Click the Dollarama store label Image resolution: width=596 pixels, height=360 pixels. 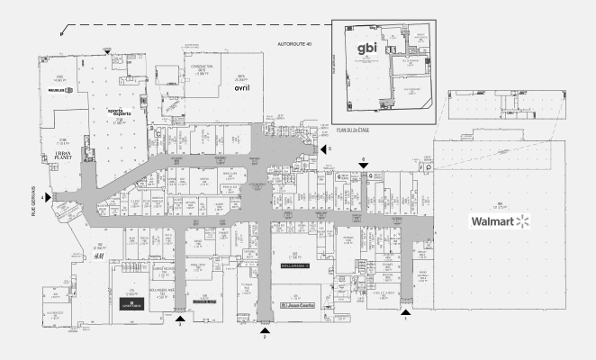pos(296,266)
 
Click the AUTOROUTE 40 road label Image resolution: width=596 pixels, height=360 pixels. pos(295,44)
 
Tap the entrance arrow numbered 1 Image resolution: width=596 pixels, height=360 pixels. pos(406,310)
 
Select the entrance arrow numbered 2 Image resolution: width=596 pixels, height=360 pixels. pos(265,328)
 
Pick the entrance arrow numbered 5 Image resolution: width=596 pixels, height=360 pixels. pos(321,148)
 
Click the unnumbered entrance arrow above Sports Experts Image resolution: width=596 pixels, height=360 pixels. pos(108,52)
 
